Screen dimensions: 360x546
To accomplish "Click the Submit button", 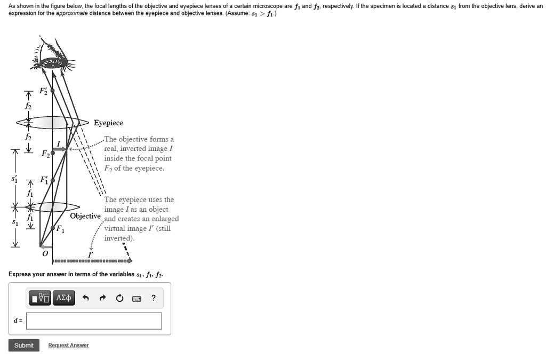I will tap(23, 346).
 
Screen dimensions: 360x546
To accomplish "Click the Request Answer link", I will tap(68, 346).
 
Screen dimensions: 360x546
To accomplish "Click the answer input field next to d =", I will tap(94, 321).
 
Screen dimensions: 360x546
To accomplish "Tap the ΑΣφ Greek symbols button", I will tap(63, 298).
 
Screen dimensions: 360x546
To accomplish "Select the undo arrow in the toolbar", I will tap(85, 298).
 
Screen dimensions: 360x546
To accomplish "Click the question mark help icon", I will tap(154, 298).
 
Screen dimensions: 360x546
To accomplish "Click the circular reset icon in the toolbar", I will tap(119, 298).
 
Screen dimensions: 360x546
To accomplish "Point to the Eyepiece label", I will tap(108, 123).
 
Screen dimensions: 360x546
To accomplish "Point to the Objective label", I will tap(85, 216).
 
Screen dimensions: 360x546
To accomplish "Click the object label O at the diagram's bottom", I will tap(45, 254).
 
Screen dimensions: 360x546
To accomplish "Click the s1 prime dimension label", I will tap(14, 179).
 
